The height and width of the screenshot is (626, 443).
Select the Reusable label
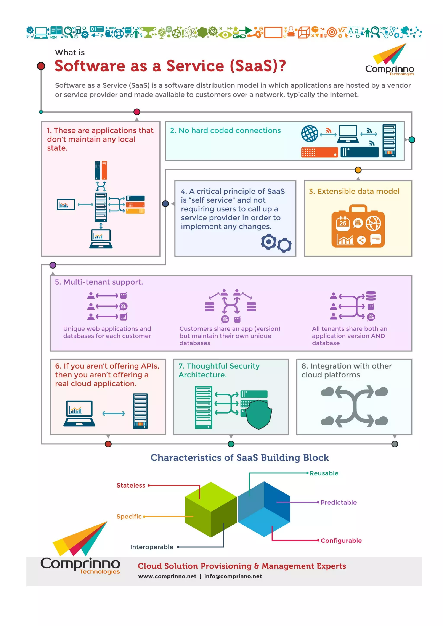click(324, 473)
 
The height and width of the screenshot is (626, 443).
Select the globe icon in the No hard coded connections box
click(309, 134)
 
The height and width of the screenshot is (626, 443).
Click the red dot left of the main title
click(41, 66)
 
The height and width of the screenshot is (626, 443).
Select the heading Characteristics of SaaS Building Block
click(239, 457)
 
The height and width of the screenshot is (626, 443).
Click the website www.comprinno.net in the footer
click(167, 576)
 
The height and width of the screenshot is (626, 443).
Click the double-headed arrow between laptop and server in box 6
click(114, 414)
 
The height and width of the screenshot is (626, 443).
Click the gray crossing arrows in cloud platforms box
click(354, 406)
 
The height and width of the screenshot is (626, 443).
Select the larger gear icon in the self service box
click(268, 241)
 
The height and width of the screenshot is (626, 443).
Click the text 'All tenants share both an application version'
click(349, 332)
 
